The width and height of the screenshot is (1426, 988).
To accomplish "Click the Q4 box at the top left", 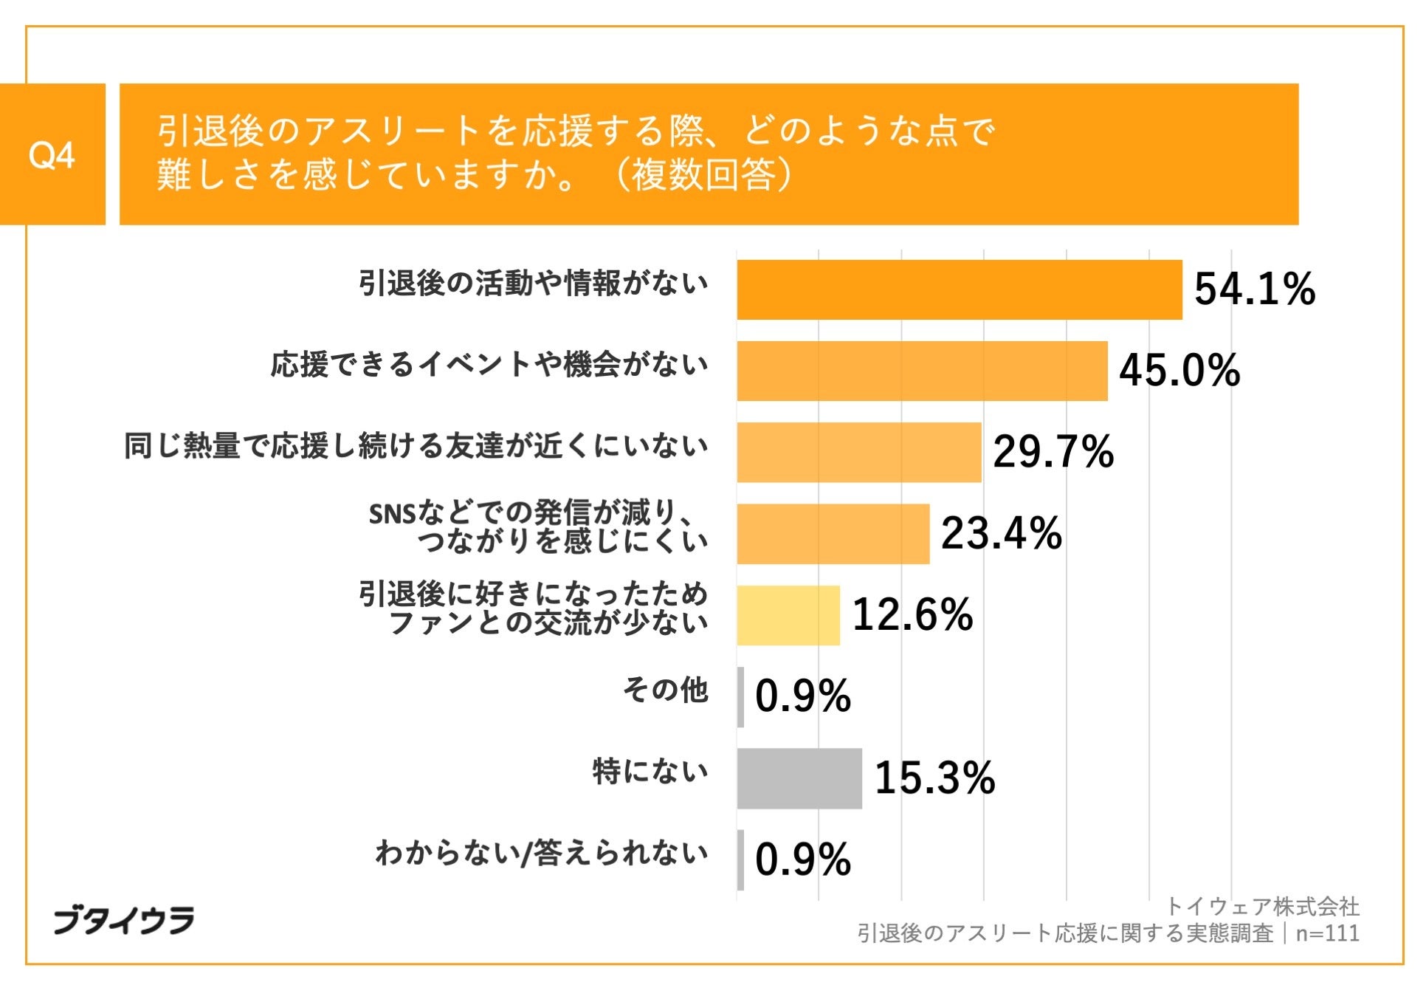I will click(52, 154).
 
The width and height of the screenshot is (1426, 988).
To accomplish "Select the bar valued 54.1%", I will click(959, 290).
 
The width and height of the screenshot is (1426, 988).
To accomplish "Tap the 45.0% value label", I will click(1179, 371).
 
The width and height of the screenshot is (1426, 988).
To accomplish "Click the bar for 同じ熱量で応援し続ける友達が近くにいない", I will click(858, 453).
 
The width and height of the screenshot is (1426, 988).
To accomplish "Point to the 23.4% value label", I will click(1000, 534).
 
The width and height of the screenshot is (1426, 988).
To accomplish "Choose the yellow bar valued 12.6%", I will click(788, 616).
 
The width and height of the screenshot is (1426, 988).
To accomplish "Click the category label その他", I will click(665, 690).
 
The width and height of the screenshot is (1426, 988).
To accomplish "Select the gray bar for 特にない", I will click(799, 778).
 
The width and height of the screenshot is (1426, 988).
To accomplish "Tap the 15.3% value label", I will click(934, 778).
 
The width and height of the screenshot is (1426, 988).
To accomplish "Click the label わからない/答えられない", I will click(541, 853).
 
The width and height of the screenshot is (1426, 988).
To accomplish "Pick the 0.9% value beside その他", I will click(802, 696).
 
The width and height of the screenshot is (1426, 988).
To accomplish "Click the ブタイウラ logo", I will click(123, 920).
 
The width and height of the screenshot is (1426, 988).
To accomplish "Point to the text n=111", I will click(1327, 933).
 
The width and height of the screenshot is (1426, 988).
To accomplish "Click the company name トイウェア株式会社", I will click(1261, 906).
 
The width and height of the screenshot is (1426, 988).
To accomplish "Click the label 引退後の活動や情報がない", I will click(533, 284).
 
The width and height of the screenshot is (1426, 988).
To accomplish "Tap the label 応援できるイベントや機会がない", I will click(489, 365).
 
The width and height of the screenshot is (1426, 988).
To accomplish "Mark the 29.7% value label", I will click(1053, 453).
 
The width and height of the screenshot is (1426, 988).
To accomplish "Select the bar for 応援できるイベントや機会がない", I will click(921, 371).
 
